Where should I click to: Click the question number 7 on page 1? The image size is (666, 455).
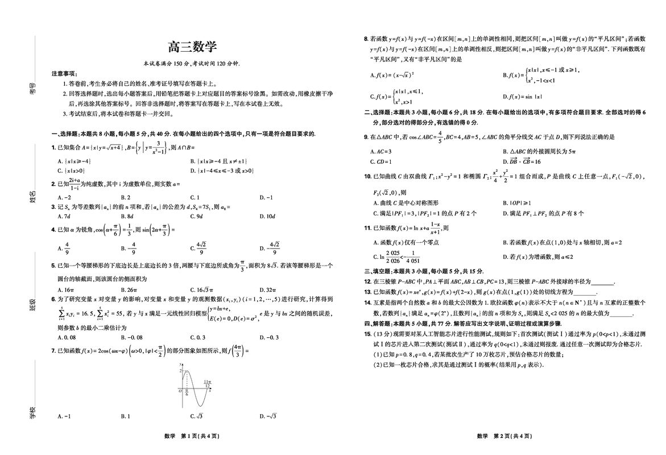[53, 351]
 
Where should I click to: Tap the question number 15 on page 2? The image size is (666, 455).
[367, 333]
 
